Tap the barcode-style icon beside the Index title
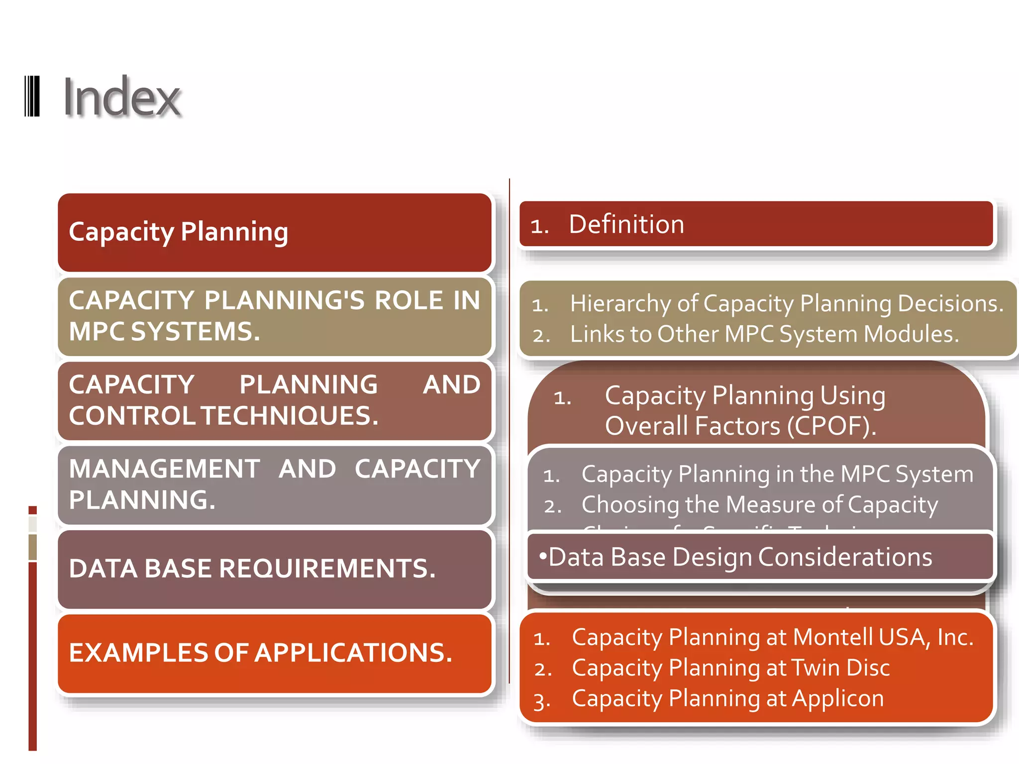click(x=32, y=96)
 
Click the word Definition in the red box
click(x=626, y=224)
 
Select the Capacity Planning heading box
click(x=274, y=232)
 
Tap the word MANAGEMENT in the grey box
click(x=164, y=469)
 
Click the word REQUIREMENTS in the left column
click(x=327, y=569)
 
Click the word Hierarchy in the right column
click(x=620, y=303)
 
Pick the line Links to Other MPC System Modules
click(x=764, y=334)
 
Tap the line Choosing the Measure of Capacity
click(x=759, y=505)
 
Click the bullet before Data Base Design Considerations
click(x=542, y=555)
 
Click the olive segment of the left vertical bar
click(x=33, y=547)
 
